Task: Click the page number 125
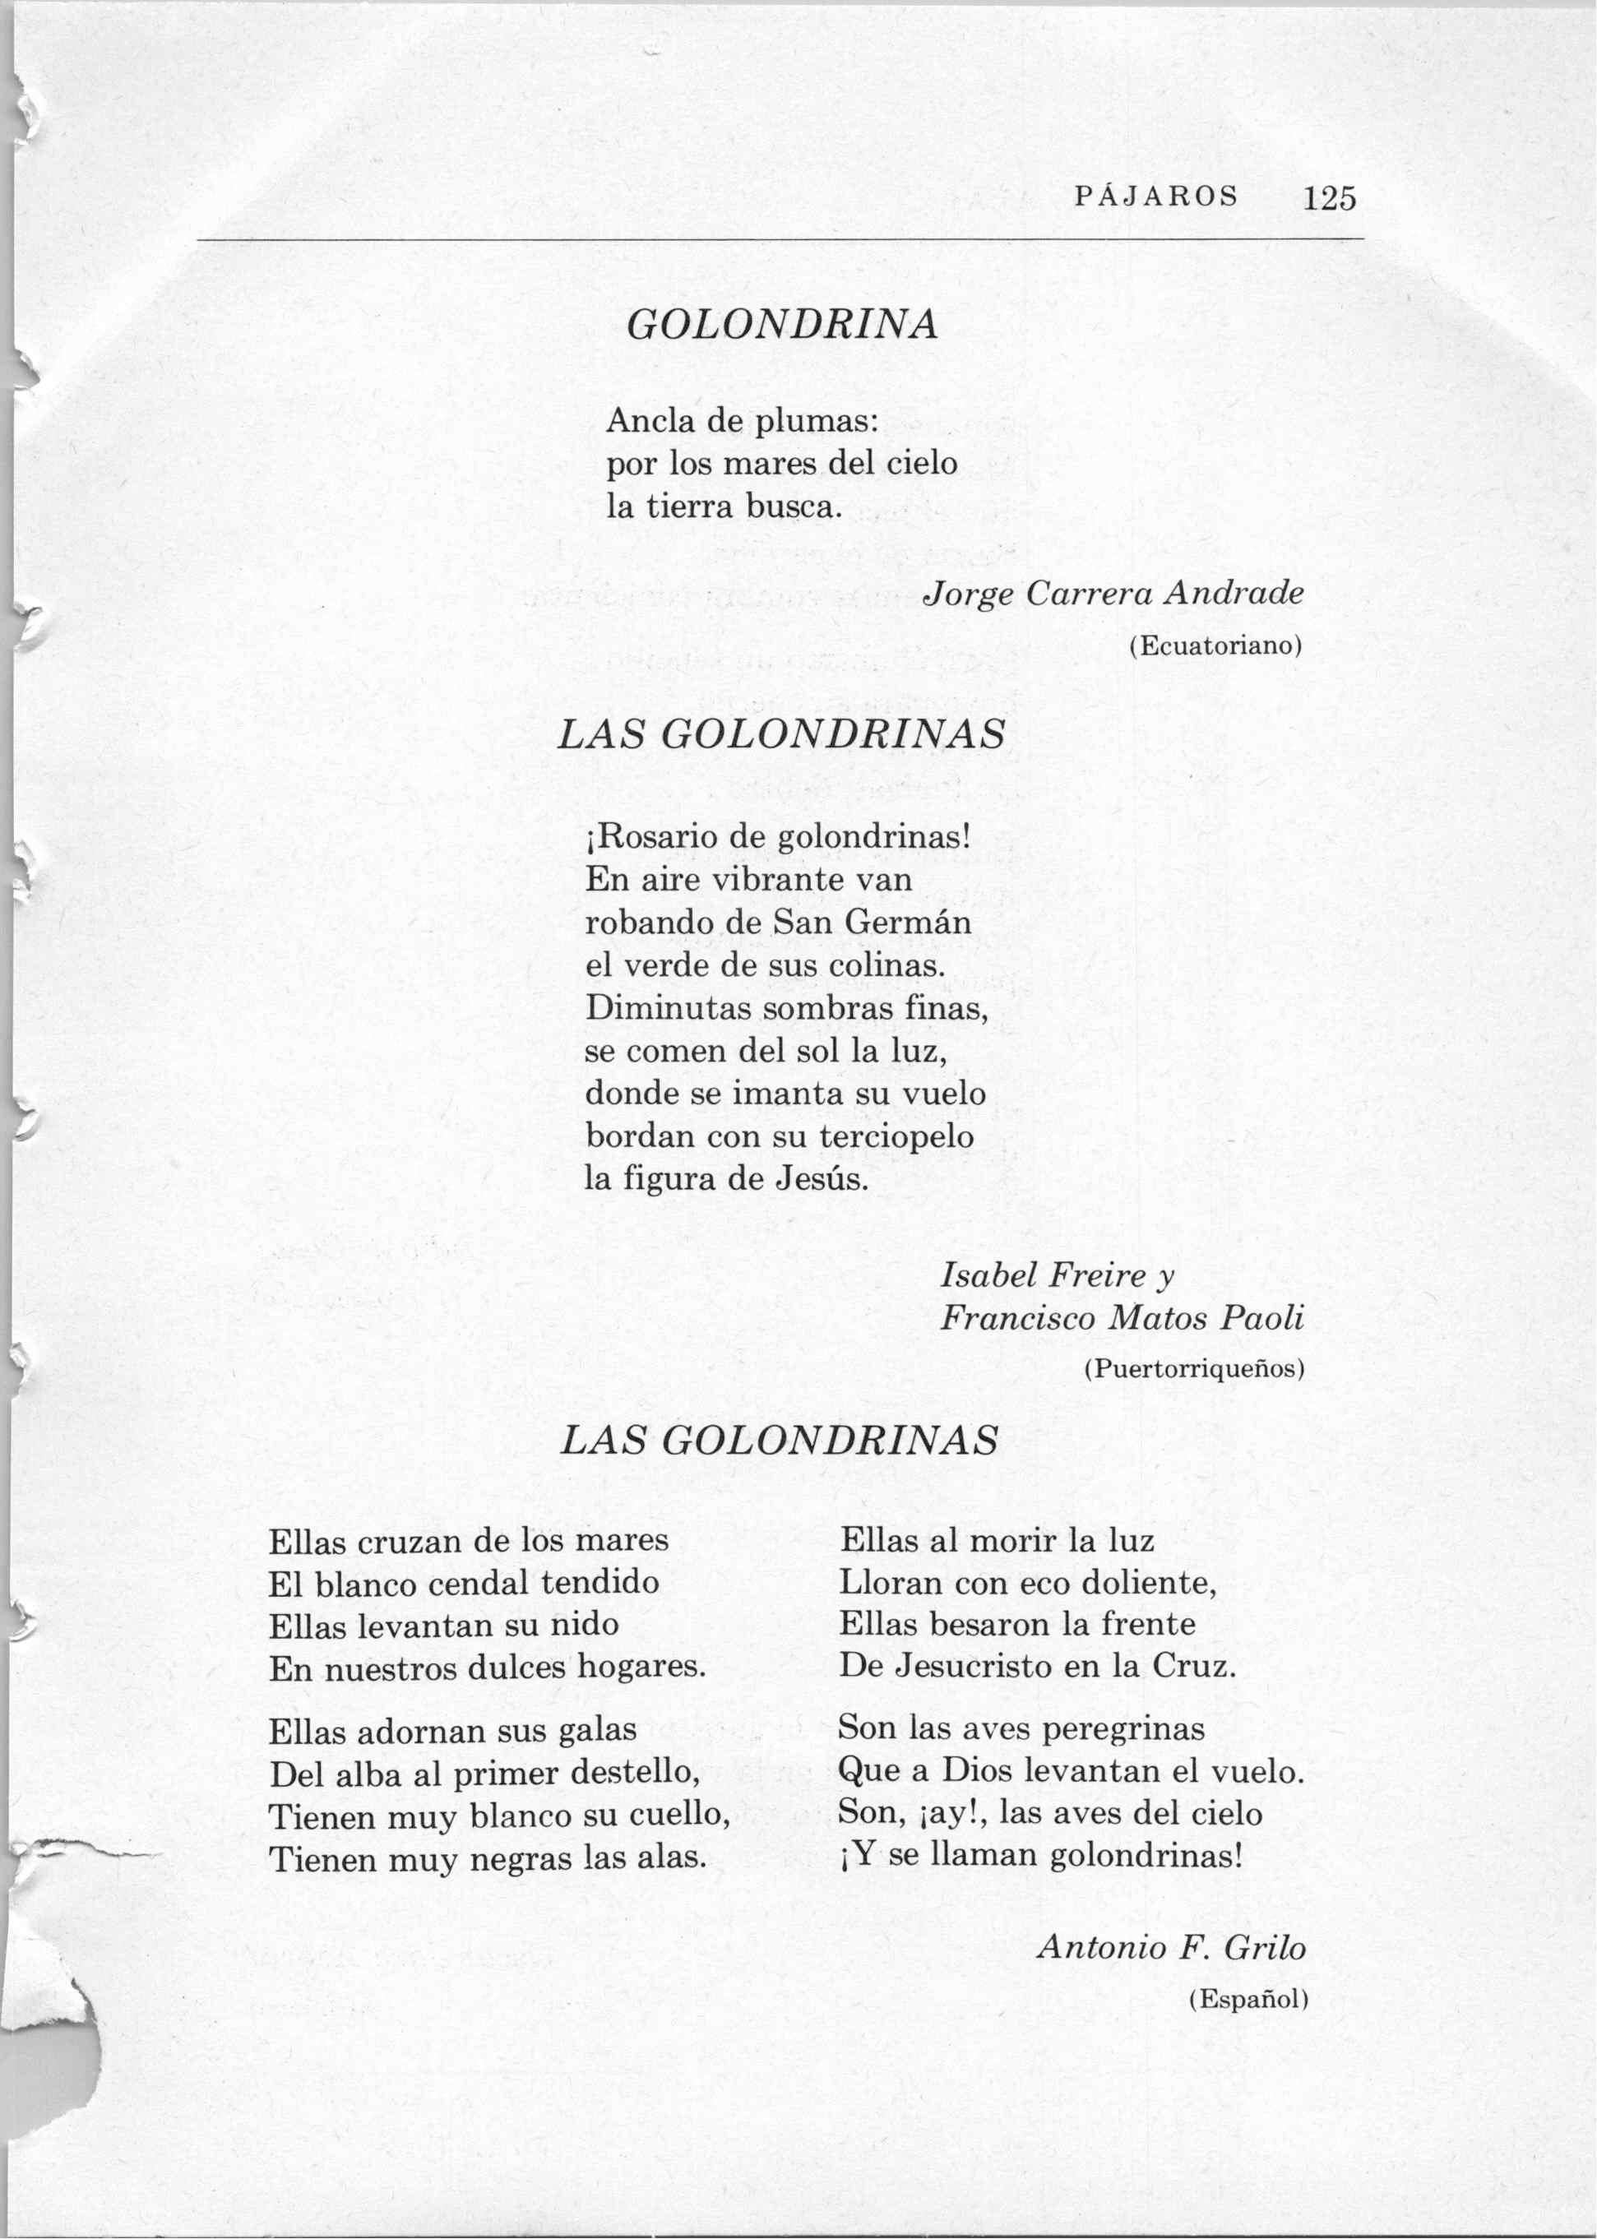[x=1330, y=199]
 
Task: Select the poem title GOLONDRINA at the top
[x=782, y=325]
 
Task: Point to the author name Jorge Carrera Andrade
[x=1114, y=594]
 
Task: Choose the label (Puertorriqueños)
[x=1194, y=1369]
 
